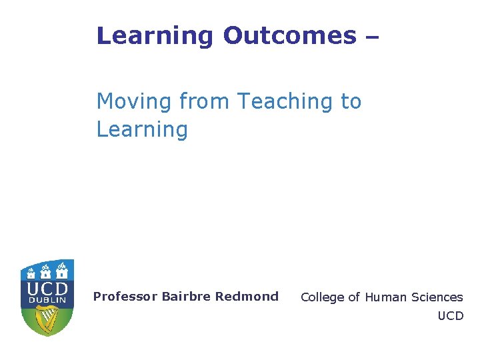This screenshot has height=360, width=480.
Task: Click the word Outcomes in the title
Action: click(x=289, y=35)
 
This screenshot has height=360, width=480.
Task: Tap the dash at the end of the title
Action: click(x=372, y=37)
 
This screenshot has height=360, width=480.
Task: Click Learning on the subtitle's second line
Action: click(x=142, y=129)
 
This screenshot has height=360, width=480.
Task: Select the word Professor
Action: click(x=125, y=297)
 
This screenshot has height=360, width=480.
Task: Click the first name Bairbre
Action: click(x=184, y=297)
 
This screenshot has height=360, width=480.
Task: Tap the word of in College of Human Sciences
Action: click(x=353, y=297)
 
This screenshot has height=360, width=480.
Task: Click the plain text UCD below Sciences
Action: click(x=450, y=316)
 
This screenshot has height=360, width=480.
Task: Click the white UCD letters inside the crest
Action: click(x=47, y=289)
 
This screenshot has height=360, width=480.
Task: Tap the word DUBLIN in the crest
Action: click(x=47, y=301)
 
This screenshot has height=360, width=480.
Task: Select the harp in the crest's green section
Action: click(x=47, y=319)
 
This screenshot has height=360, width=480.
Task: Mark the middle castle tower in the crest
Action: click(x=46, y=271)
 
